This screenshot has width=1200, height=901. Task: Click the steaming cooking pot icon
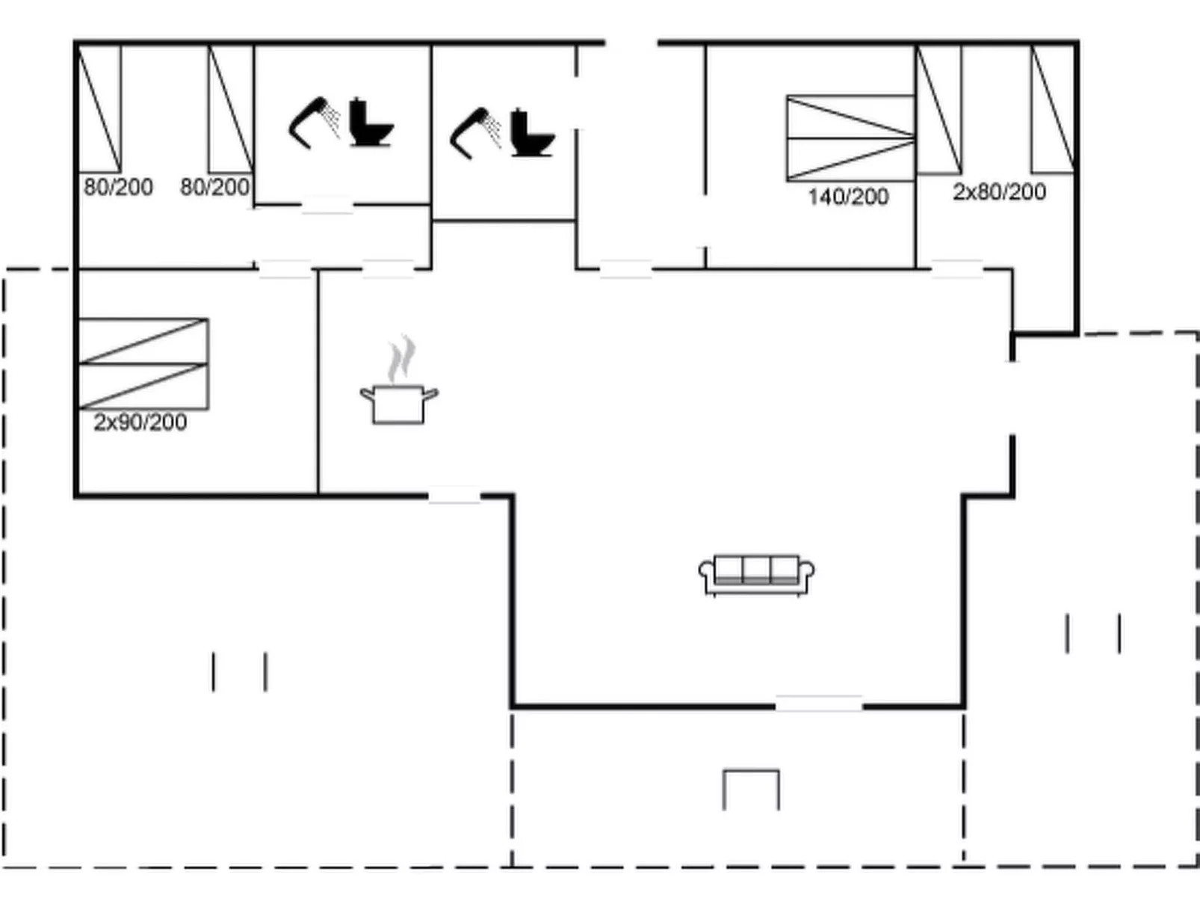[x=399, y=379]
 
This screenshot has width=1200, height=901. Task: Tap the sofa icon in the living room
[x=757, y=574]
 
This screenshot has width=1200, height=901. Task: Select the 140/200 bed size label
[x=849, y=197]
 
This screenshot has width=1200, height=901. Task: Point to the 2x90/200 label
[x=140, y=422]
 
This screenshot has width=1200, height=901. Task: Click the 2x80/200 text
[x=999, y=192]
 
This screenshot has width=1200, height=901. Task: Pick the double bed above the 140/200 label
[x=850, y=138]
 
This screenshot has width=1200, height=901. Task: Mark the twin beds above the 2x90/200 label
[x=143, y=364]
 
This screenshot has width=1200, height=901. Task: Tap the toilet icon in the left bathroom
[x=371, y=122]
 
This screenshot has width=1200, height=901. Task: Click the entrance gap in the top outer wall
[x=631, y=42]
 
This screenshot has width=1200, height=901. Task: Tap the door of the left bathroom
[x=327, y=205]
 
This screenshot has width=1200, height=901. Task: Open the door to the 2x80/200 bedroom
[x=957, y=269]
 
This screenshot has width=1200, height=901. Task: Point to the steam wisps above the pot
[x=402, y=358]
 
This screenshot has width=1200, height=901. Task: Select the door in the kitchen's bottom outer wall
[x=454, y=495]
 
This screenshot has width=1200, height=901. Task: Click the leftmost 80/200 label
[x=118, y=188]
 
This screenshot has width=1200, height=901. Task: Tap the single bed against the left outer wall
[x=99, y=109]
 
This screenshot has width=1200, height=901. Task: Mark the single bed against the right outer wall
[x=1053, y=109]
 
